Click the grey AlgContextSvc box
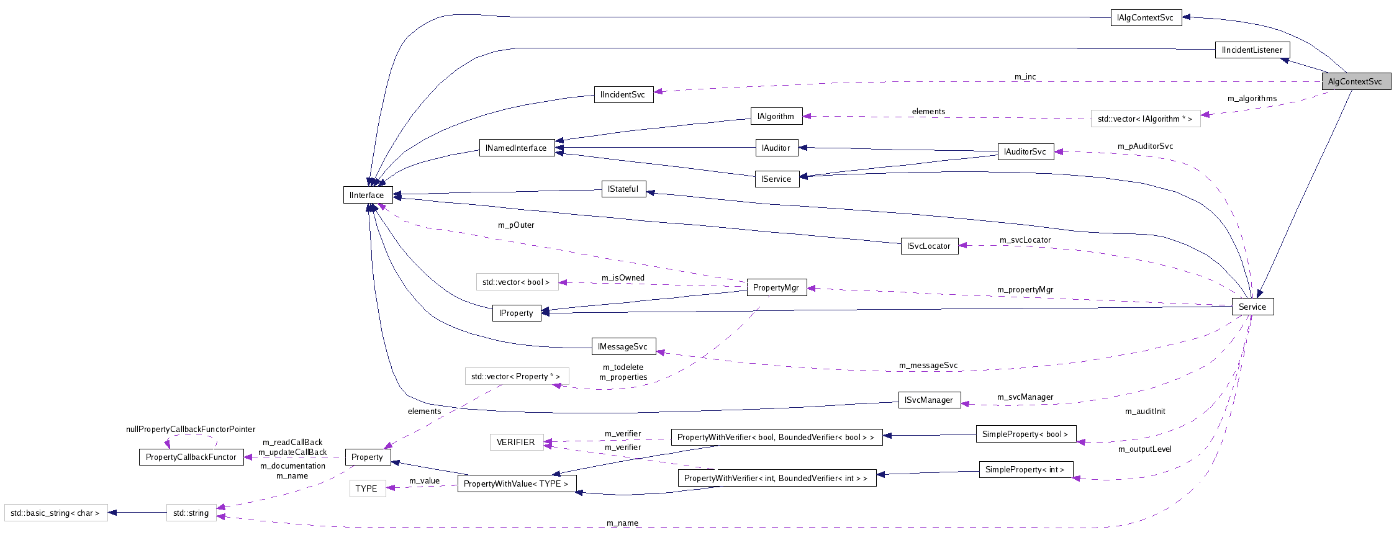pyautogui.click(x=1356, y=81)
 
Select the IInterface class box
pyautogui.click(x=367, y=195)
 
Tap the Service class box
pyautogui.click(x=1252, y=307)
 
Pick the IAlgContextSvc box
pyautogui.click(x=1146, y=17)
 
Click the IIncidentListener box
pyautogui.click(x=1252, y=50)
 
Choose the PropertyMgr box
pyautogui.click(x=776, y=287)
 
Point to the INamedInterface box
pyautogui.click(x=517, y=148)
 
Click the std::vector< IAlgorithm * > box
pyautogui.click(x=1145, y=119)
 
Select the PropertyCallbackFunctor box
pyautogui.click(x=191, y=457)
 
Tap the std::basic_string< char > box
pyautogui.click(x=56, y=513)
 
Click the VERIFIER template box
pyautogui.click(x=516, y=442)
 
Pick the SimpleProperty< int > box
pyautogui.click(x=1025, y=469)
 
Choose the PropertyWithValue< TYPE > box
pyautogui.click(x=516, y=484)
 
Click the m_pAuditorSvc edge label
pyautogui.click(x=1145, y=146)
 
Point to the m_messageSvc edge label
pyautogui.click(x=928, y=365)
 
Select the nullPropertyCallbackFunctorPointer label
pyautogui.click(x=191, y=429)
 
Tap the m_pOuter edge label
pyautogui.click(x=516, y=225)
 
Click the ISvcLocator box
pyautogui.click(x=929, y=246)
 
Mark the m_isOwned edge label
pyautogui.click(x=623, y=277)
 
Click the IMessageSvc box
pyautogui.click(x=623, y=346)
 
